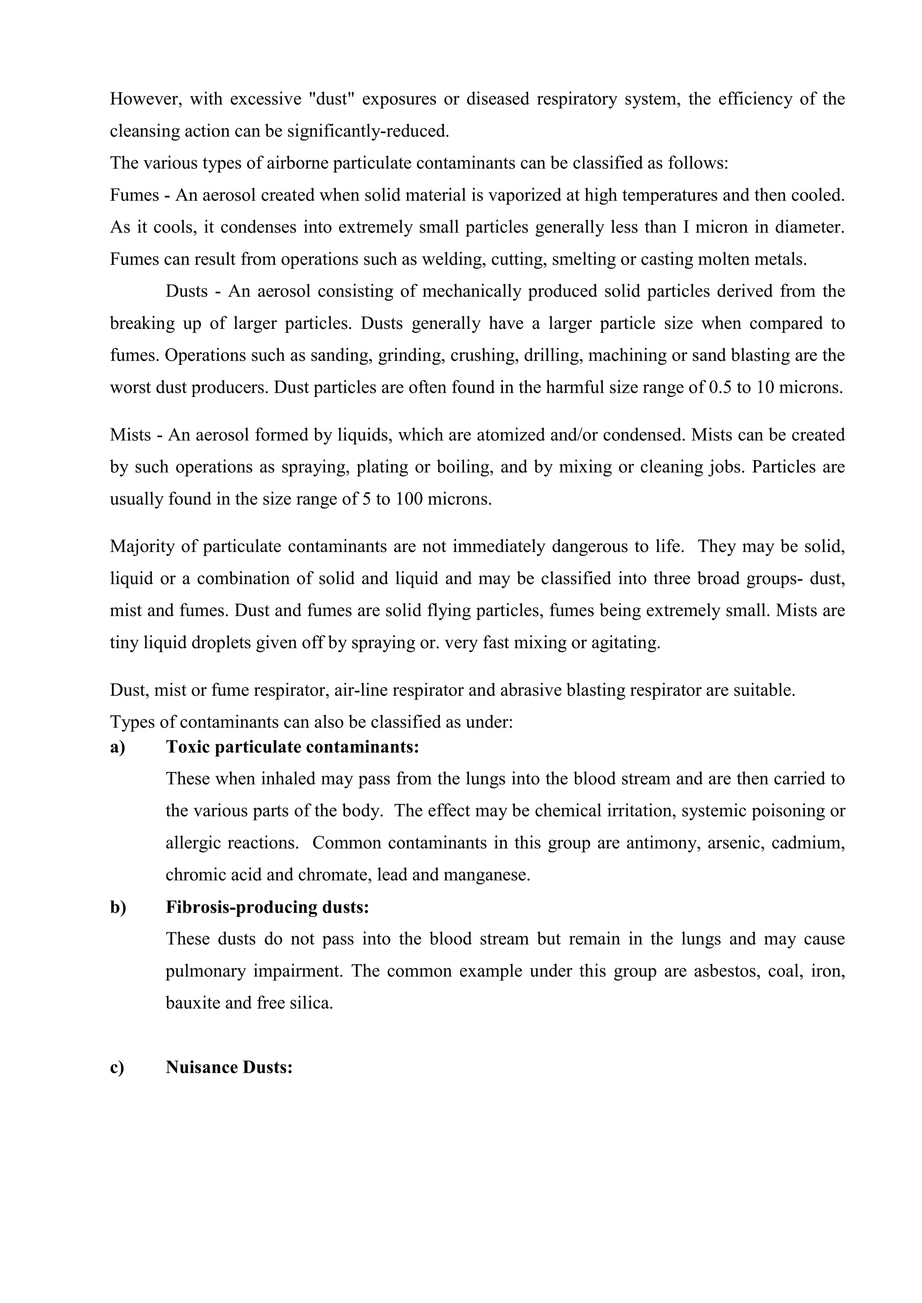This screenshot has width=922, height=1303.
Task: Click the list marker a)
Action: pyautogui.click(x=118, y=747)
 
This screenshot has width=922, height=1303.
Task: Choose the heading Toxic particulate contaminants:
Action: pyautogui.click(x=292, y=747)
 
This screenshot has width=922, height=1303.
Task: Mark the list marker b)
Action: pyautogui.click(x=118, y=907)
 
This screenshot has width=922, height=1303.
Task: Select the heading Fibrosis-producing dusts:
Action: pyautogui.click(x=267, y=907)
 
